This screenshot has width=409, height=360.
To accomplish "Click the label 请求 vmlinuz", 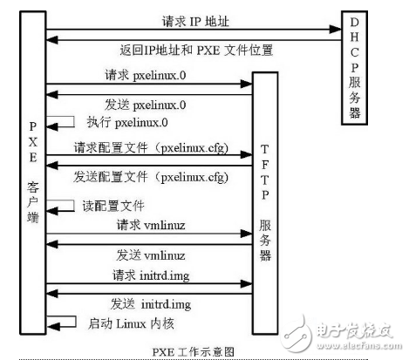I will pos(147,225).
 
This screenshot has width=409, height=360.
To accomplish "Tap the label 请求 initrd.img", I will pos(147,275).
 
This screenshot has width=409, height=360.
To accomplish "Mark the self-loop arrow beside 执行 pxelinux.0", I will pos(63,125).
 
